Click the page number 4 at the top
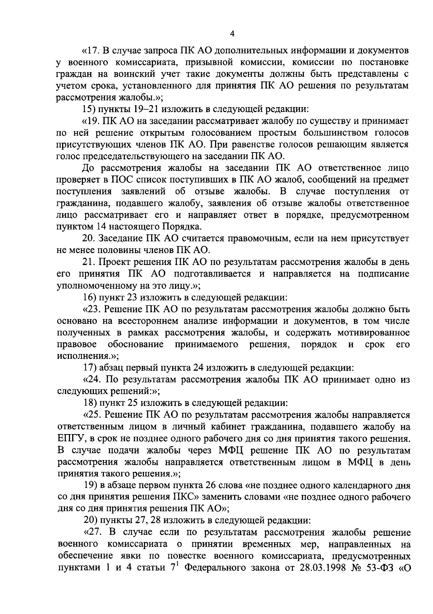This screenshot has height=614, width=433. (232, 34)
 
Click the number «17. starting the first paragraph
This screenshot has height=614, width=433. (91, 51)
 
